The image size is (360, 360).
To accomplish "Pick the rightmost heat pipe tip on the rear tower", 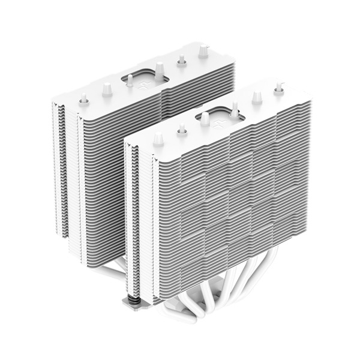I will click(204, 52).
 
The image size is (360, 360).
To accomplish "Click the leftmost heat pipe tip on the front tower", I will click(158, 139).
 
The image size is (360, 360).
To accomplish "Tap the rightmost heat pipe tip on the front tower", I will click(278, 89).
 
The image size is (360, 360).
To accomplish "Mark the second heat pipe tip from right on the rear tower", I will click(181, 60).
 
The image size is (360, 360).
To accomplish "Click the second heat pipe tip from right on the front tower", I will click(257, 97).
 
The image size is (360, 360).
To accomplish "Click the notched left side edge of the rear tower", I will click(60, 174).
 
